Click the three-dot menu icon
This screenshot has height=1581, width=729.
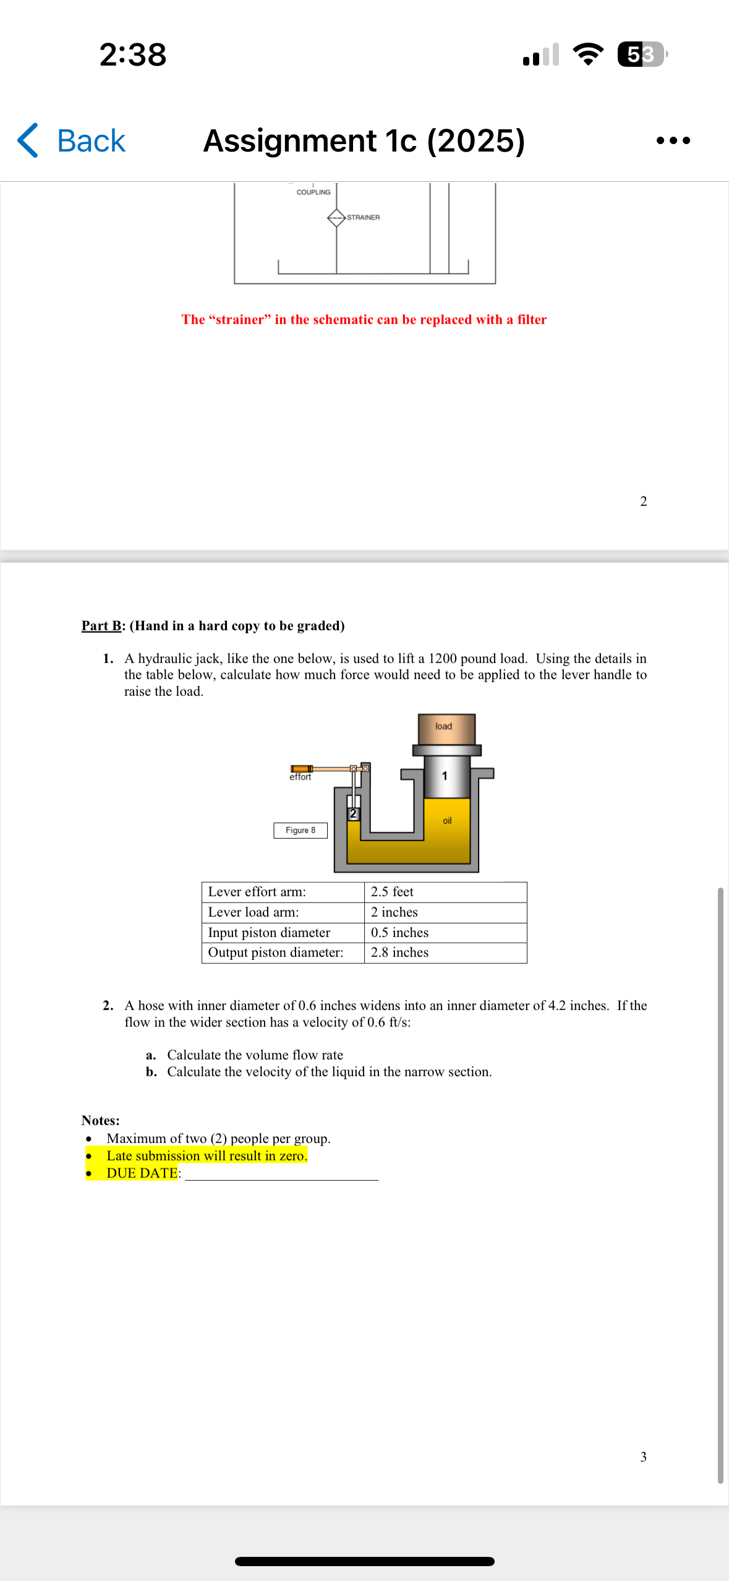(673, 141)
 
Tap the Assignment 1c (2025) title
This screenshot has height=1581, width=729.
(364, 141)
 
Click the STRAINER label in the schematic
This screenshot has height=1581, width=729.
(363, 217)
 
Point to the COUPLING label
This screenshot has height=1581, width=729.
(313, 192)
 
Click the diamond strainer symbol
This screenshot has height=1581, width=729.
(336, 218)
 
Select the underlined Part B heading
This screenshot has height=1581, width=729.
(101, 625)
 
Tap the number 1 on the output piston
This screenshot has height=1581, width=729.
(444, 776)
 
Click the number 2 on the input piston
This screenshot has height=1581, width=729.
(353, 813)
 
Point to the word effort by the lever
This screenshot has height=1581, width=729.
(301, 777)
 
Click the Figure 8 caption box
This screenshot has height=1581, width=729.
(301, 830)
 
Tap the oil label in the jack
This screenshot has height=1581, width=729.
(447, 821)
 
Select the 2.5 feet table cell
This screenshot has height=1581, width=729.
(392, 891)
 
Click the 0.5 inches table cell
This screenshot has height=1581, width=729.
(399, 932)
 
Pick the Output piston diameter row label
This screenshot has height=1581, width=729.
(275, 953)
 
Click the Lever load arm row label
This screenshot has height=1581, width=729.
(253, 912)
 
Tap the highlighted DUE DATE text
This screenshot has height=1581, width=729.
(142, 1173)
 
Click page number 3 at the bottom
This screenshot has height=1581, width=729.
(643, 1457)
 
